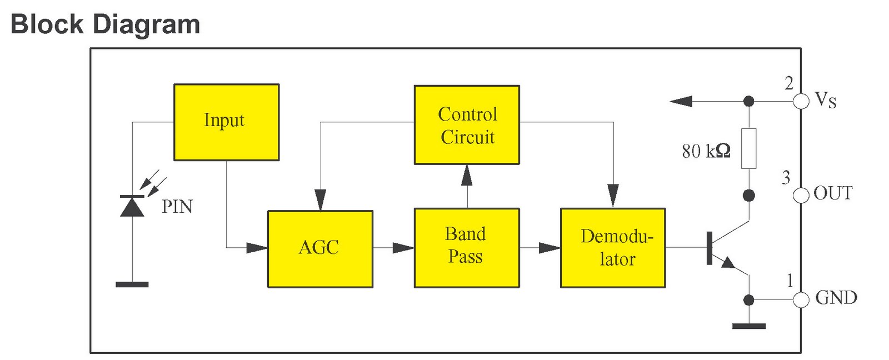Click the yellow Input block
pos(226,122)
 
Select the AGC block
pos(320,248)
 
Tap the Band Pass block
pos(467,247)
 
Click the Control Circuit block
pos(467,125)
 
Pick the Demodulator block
pos(613,248)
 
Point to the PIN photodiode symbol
pos(132,206)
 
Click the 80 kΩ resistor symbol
pos(748,148)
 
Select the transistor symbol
pos(722,248)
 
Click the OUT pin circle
pos(801,195)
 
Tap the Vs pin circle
pos(801,101)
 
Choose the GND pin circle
pos(801,300)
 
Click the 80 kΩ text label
pos(706,151)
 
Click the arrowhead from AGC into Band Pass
pos(403,248)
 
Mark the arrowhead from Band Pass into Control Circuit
pos(467,175)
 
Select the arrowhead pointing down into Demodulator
pos(613,196)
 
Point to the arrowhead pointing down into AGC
pos(320,199)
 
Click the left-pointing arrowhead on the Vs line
pos(681,101)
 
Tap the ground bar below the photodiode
pos(132,284)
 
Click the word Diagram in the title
pos(146,24)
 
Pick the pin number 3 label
pos(786,178)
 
